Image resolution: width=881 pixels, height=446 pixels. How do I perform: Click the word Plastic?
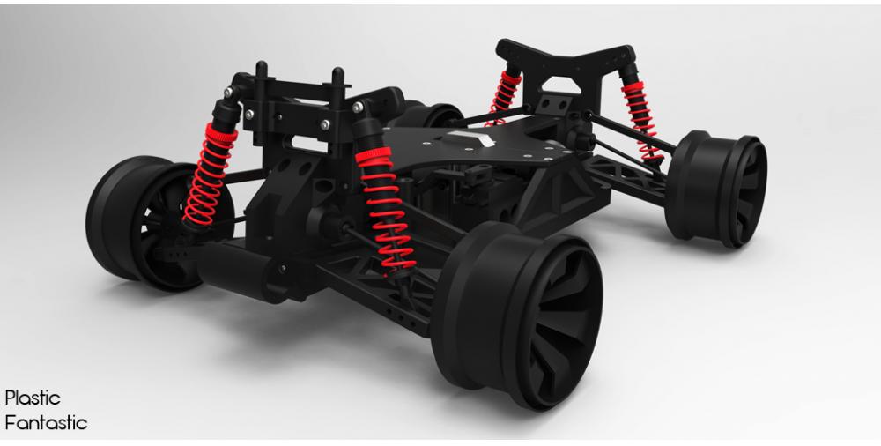pyautogui.click(x=33, y=398)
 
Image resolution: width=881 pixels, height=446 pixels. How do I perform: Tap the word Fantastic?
pyautogui.click(x=46, y=423)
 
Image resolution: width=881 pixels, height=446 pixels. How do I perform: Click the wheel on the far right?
pyautogui.click(x=718, y=189)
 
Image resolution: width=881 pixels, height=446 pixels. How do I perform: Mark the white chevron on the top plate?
pyautogui.click(x=469, y=138)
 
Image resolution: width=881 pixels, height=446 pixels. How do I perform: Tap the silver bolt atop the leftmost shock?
pyautogui.click(x=231, y=92)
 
